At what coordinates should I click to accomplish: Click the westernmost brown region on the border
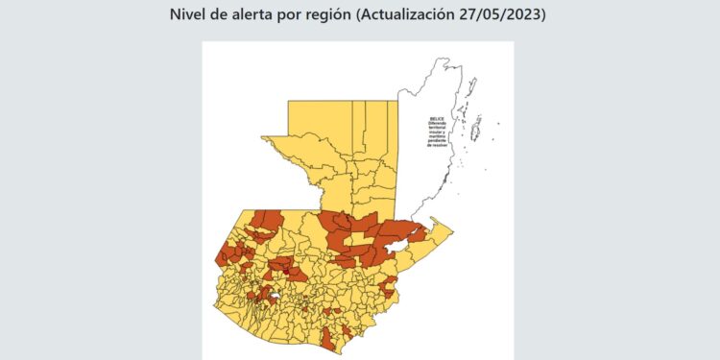pos(222,256)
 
